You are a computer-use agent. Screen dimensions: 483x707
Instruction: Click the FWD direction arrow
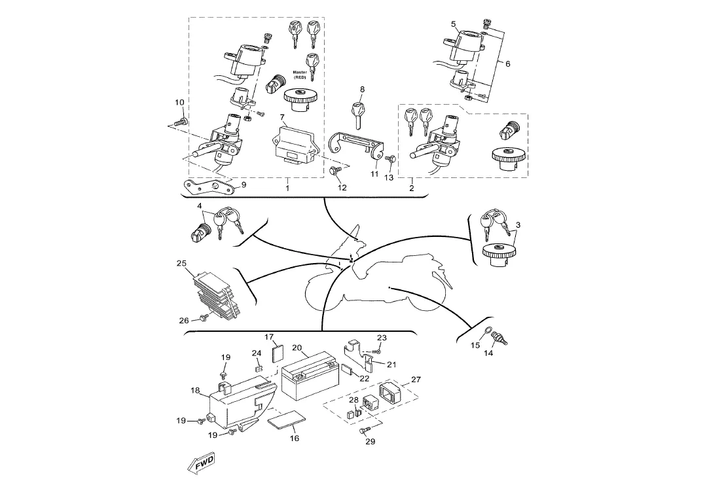[x=201, y=463]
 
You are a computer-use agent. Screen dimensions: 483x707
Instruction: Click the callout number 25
[x=182, y=264]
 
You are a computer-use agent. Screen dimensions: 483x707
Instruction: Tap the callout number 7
[x=282, y=118]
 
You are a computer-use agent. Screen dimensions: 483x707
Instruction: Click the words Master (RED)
[x=300, y=75]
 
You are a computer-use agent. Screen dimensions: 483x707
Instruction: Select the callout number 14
[x=488, y=353]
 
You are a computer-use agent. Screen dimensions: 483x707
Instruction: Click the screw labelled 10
[x=182, y=121]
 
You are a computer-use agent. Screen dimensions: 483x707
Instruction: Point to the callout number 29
[x=370, y=441]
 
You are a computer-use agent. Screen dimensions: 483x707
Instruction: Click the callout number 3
[x=518, y=224]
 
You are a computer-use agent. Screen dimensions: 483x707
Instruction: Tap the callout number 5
[x=454, y=24]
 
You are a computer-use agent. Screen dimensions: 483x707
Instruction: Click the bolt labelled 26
[x=204, y=317]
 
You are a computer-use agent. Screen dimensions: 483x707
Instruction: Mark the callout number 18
[x=195, y=391]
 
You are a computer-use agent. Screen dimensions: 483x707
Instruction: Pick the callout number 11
[x=374, y=175]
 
